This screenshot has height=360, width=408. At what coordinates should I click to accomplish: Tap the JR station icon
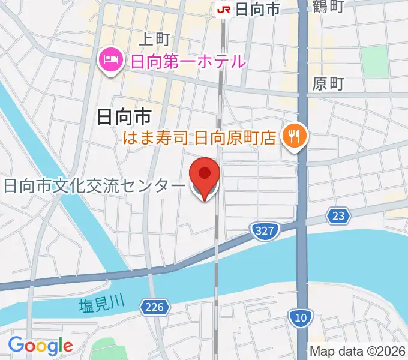pyautogui.click(x=224, y=9)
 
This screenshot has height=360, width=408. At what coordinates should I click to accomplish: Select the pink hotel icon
pyautogui.click(x=110, y=60)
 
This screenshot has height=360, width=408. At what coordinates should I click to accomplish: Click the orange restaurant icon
pyautogui.click(x=294, y=137)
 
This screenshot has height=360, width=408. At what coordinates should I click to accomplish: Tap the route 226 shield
pyautogui.click(x=154, y=308)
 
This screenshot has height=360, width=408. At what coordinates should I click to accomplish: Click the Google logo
pyautogui.click(x=40, y=346)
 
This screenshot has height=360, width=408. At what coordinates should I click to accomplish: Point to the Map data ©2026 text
pyautogui.click(x=358, y=352)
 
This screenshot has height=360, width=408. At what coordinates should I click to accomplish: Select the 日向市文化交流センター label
pyautogui.click(x=95, y=186)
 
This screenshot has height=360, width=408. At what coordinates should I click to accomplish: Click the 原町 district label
pyautogui.click(x=328, y=85)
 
